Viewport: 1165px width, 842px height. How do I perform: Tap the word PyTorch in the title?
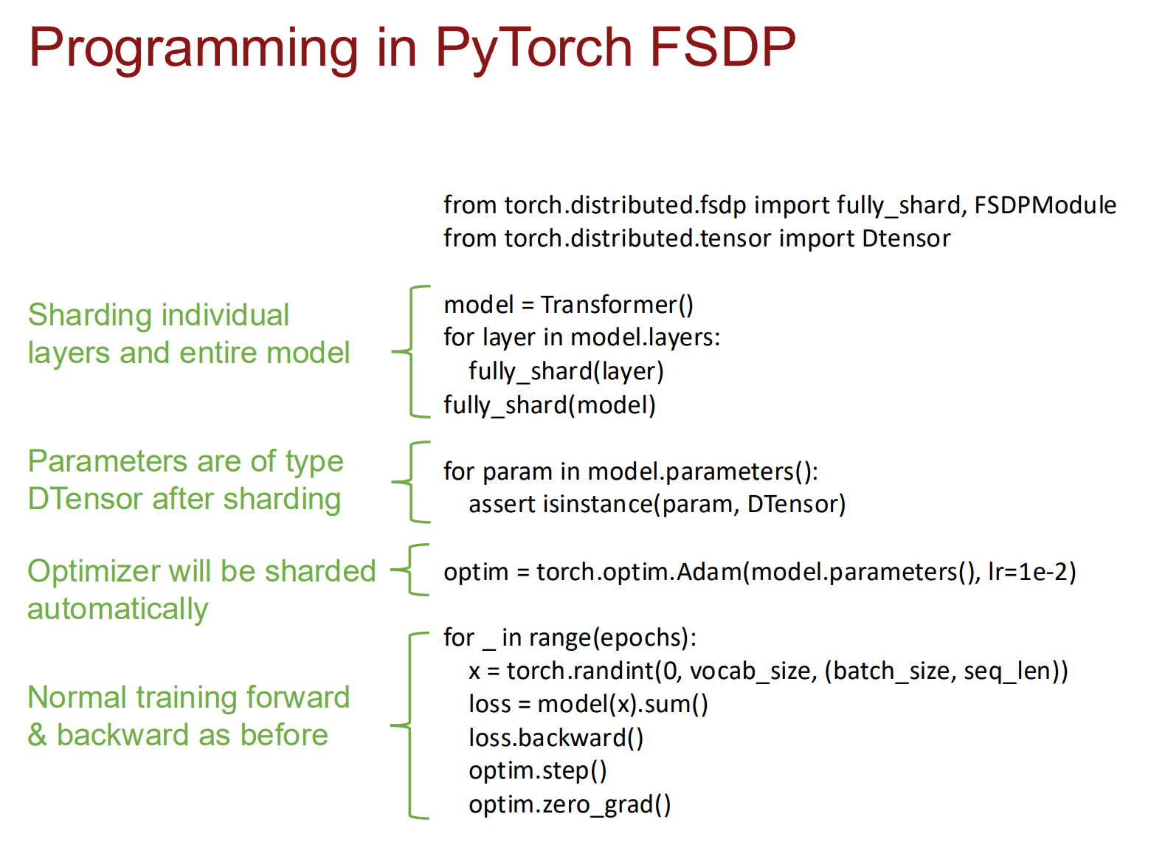533,50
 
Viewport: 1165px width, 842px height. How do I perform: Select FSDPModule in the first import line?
1045,205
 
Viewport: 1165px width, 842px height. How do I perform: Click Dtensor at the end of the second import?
906,238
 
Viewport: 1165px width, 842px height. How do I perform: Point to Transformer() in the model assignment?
617,305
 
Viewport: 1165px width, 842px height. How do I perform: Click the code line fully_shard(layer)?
566,372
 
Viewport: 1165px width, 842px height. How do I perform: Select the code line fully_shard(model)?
549,406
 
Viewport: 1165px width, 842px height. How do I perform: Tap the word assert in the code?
502,505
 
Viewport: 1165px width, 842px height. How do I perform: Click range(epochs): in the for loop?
612,638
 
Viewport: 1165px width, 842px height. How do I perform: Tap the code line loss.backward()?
556,738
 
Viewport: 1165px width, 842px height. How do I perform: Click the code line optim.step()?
538,771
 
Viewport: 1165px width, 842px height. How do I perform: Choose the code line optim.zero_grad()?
570,805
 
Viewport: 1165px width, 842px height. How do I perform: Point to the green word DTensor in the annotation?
86,499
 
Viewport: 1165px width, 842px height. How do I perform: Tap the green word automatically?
117,610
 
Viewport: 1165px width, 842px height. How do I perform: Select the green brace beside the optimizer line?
410,570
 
